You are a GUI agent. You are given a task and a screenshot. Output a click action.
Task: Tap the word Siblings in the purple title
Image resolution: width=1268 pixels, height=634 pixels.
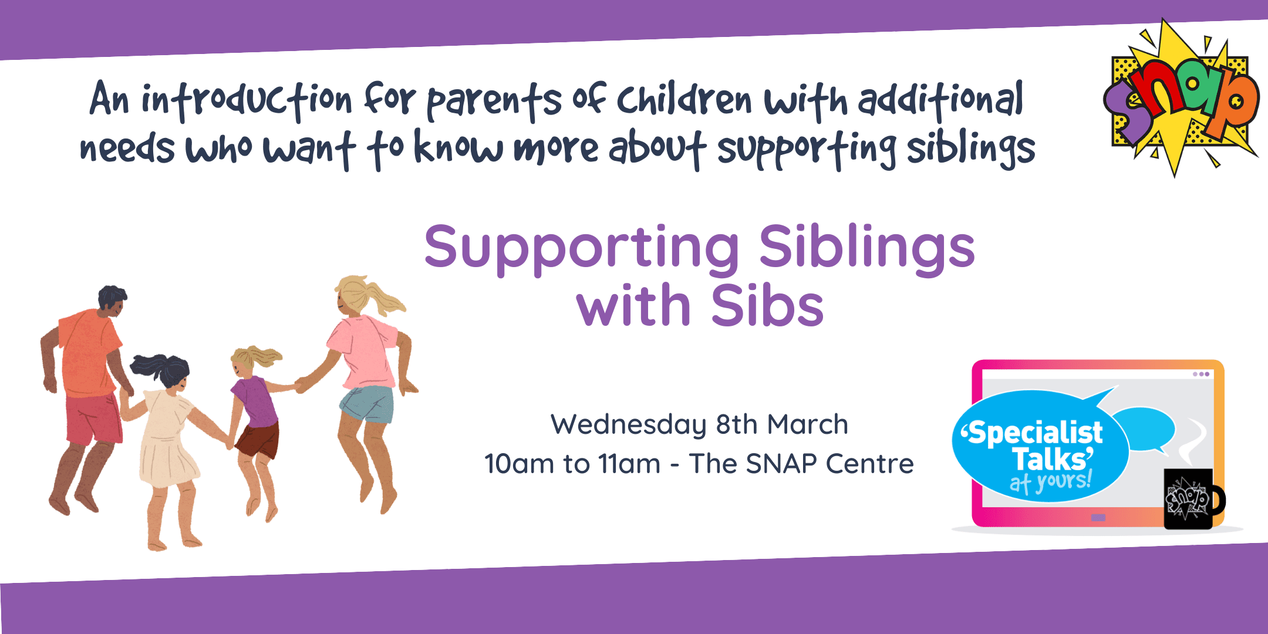[x=867, y=248]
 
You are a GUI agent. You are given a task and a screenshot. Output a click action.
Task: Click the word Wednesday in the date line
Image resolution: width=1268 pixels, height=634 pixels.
[x=629, y=424]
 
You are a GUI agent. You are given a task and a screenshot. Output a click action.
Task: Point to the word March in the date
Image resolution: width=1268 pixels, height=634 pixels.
[x=808, y=424]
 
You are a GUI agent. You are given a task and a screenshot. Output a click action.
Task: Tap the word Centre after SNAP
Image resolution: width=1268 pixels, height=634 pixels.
[x=870, y=464]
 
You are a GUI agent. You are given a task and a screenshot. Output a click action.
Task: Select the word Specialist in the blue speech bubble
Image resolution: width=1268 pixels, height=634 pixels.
[x=1033, y=433]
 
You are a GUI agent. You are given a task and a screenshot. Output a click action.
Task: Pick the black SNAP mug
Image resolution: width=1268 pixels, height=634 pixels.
[x=1192, y=499]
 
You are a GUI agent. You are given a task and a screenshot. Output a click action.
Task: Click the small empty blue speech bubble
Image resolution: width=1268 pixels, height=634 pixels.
[x=1144, y=430]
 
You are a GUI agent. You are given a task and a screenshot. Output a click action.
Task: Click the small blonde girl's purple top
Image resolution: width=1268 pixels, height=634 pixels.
[x=255, y=402]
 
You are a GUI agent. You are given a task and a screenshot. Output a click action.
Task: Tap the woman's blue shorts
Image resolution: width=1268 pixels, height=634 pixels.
[x=367, y=404]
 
